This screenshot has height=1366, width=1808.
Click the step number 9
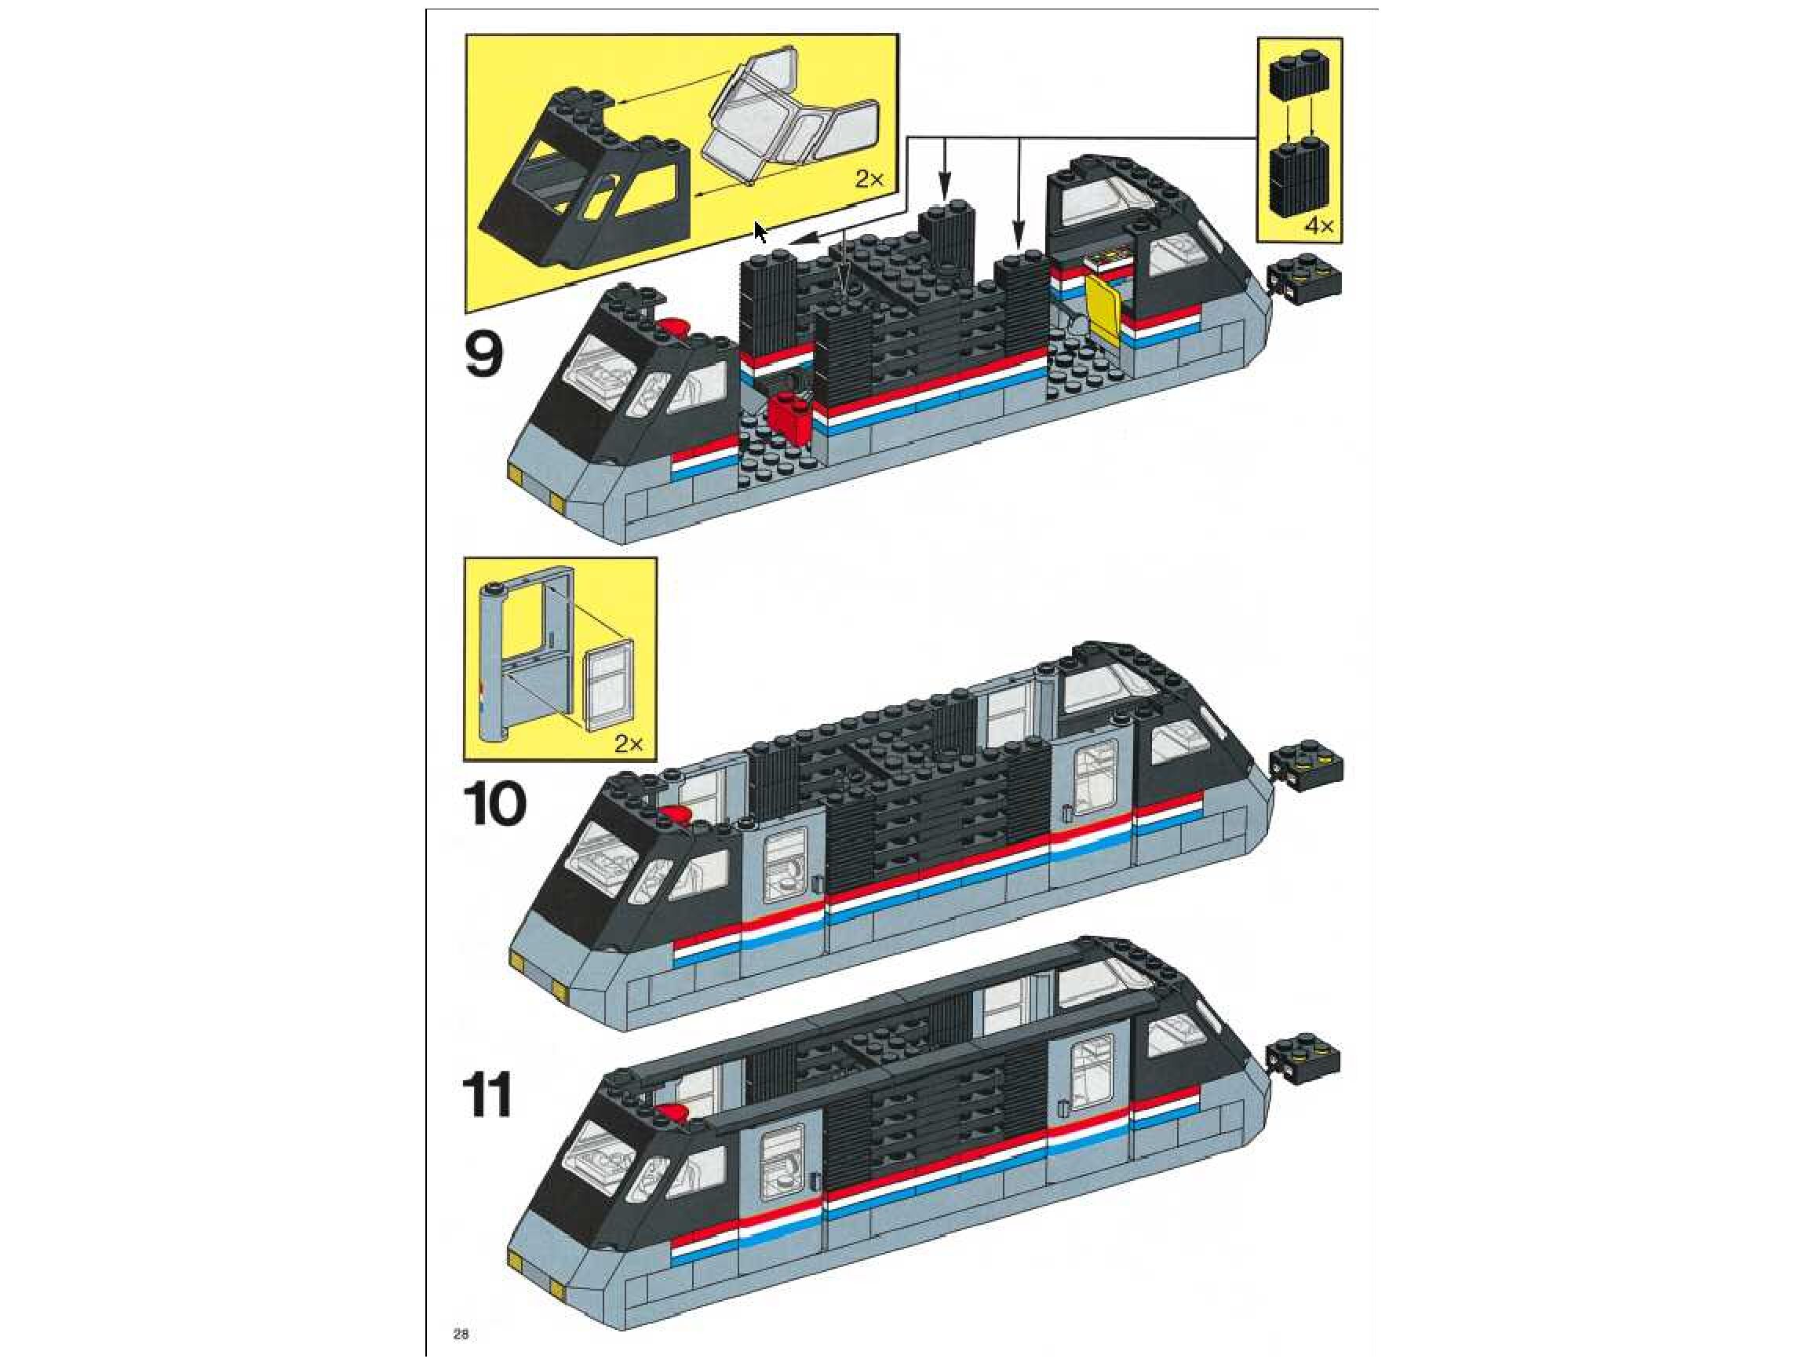(x=484, y=353)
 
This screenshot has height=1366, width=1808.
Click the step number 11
(x=488, y=1095)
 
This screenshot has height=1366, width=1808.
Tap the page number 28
(x=461, y=1335)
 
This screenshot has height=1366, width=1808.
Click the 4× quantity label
(x=1318, y=225)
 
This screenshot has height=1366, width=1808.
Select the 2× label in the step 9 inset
(x=869, y=179)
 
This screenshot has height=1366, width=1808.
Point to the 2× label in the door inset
(x=629, y=744)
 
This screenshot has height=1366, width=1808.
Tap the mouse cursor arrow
(x=760, y=232)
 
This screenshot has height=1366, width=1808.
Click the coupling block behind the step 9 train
(x=1305, y=283)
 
